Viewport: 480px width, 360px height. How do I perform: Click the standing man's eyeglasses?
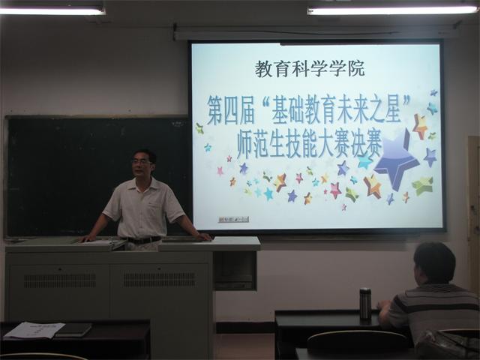[142, 163]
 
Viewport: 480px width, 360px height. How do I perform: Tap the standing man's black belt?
[142, 240]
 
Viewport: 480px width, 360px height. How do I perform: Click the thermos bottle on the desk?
[365, 304]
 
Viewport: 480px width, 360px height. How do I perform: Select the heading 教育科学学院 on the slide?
[310, 69]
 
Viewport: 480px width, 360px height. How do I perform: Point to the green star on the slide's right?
[423, 186]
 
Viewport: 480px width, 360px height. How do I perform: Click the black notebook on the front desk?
[73, 330]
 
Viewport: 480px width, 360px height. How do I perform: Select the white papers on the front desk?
[34, 330]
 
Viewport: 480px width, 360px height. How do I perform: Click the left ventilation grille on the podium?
[60, 280]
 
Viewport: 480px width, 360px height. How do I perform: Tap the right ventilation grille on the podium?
[160, 280]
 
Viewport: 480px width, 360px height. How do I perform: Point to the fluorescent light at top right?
[392, 10]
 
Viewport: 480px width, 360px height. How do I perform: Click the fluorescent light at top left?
[52, 11]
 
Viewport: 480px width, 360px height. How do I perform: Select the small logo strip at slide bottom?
[233, 219]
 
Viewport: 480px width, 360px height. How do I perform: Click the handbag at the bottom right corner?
[447, 345]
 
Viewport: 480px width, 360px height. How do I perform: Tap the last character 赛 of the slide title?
[371, 146]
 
